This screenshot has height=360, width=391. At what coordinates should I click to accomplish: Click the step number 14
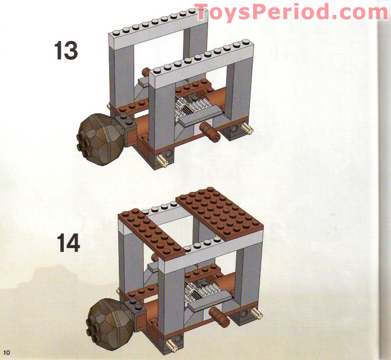68,243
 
